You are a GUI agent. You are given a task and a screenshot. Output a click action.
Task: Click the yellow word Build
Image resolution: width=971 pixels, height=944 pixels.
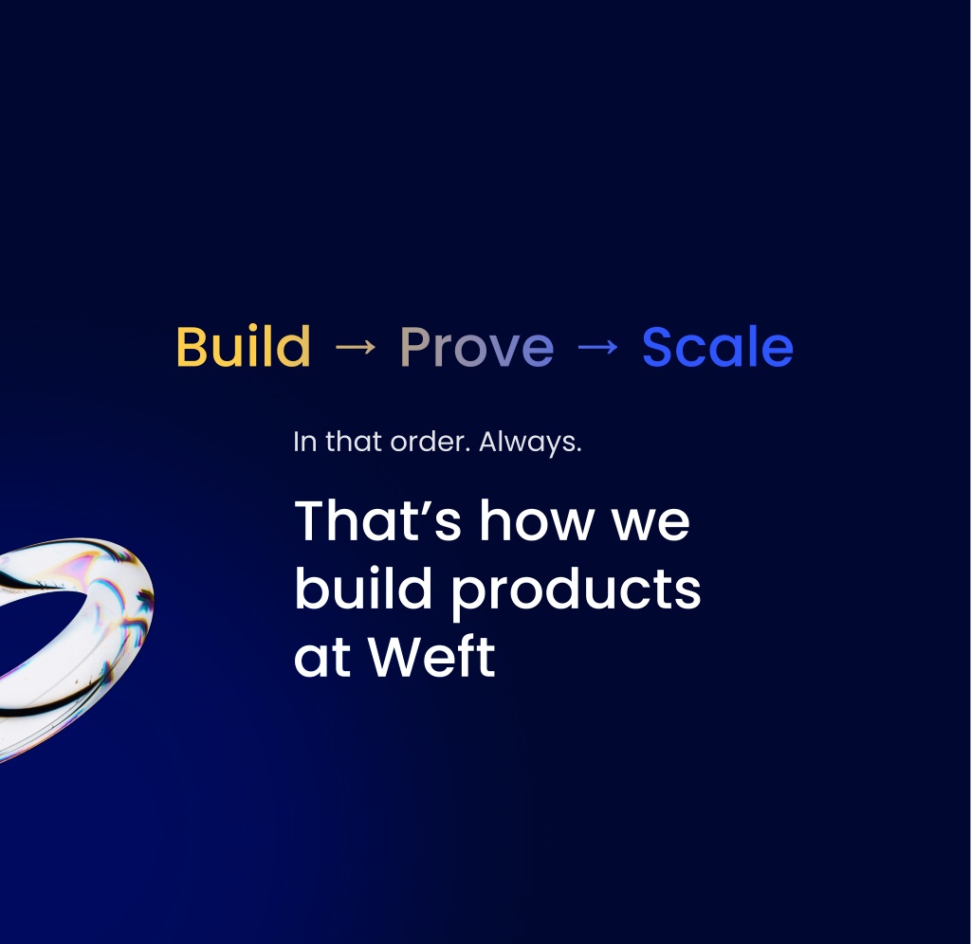point(244,346)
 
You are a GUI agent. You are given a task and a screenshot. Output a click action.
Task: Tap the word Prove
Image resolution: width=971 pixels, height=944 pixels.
point(477,347)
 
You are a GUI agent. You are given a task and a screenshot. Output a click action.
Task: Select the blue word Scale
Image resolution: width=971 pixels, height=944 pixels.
point(718,346)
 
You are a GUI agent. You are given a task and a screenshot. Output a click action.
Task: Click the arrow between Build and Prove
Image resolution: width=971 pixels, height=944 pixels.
point(356,347)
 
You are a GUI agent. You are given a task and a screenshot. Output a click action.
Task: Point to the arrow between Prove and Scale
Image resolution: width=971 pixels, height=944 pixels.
point(597,347)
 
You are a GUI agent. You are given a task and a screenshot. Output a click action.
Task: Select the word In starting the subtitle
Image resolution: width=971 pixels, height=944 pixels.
point(305,442)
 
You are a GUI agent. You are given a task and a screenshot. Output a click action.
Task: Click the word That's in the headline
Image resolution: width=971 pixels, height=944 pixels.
point(378,520)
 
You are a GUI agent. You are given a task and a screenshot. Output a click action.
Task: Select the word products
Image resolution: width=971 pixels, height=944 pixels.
point(576,592)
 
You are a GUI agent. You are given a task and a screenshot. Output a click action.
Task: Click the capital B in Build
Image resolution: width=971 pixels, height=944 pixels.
point(192,347)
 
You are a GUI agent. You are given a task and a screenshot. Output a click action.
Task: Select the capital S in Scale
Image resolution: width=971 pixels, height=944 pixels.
point(659,347)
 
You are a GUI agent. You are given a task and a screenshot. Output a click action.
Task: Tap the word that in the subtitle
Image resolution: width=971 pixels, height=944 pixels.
point(353,442)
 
